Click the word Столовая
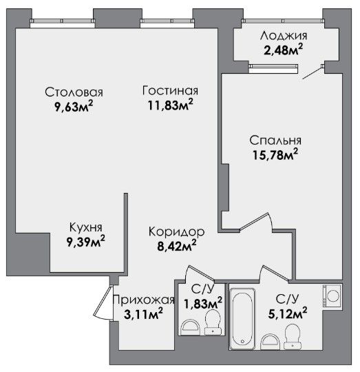point(74,92)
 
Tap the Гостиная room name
point(170,91)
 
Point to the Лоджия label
point(284,36)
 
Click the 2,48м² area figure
point(283,50)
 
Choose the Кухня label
point(86,227)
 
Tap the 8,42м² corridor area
point(177,246)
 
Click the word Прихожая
point(144,300)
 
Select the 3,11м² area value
point(143,314)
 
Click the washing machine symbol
point(332,296)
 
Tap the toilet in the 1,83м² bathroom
point(213,322)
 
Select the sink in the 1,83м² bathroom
point(190,327)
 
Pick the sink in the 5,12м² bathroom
point(271,342)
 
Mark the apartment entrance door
point(103,302)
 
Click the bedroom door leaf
point(253,221)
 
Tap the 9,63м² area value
point(74,107)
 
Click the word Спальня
point(275,141)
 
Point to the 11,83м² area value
point(170,105)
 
